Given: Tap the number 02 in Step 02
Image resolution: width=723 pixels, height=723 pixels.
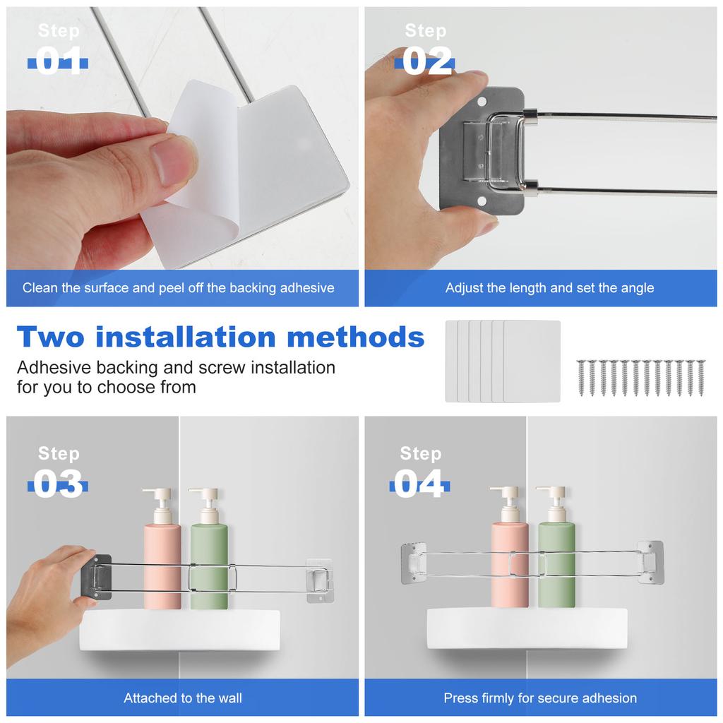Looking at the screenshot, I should [426, 61].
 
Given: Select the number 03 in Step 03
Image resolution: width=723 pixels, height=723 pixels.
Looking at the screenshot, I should [58, 484].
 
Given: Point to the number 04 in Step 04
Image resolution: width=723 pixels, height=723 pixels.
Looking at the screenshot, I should [419, 484].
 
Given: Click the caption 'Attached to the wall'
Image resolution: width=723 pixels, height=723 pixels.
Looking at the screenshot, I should [183, 698].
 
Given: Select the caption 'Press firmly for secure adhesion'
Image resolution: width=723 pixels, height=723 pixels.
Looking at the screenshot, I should [540, 698].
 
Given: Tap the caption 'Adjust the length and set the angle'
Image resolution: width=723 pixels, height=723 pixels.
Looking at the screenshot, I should [549, 288].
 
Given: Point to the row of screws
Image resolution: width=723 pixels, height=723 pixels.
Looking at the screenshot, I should [640, 378].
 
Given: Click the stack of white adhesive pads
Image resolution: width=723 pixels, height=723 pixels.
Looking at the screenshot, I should [503, 361].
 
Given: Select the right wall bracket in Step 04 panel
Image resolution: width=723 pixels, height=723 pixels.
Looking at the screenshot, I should [650, 562].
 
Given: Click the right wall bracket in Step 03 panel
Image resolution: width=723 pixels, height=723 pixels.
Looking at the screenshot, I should [320, 580].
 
